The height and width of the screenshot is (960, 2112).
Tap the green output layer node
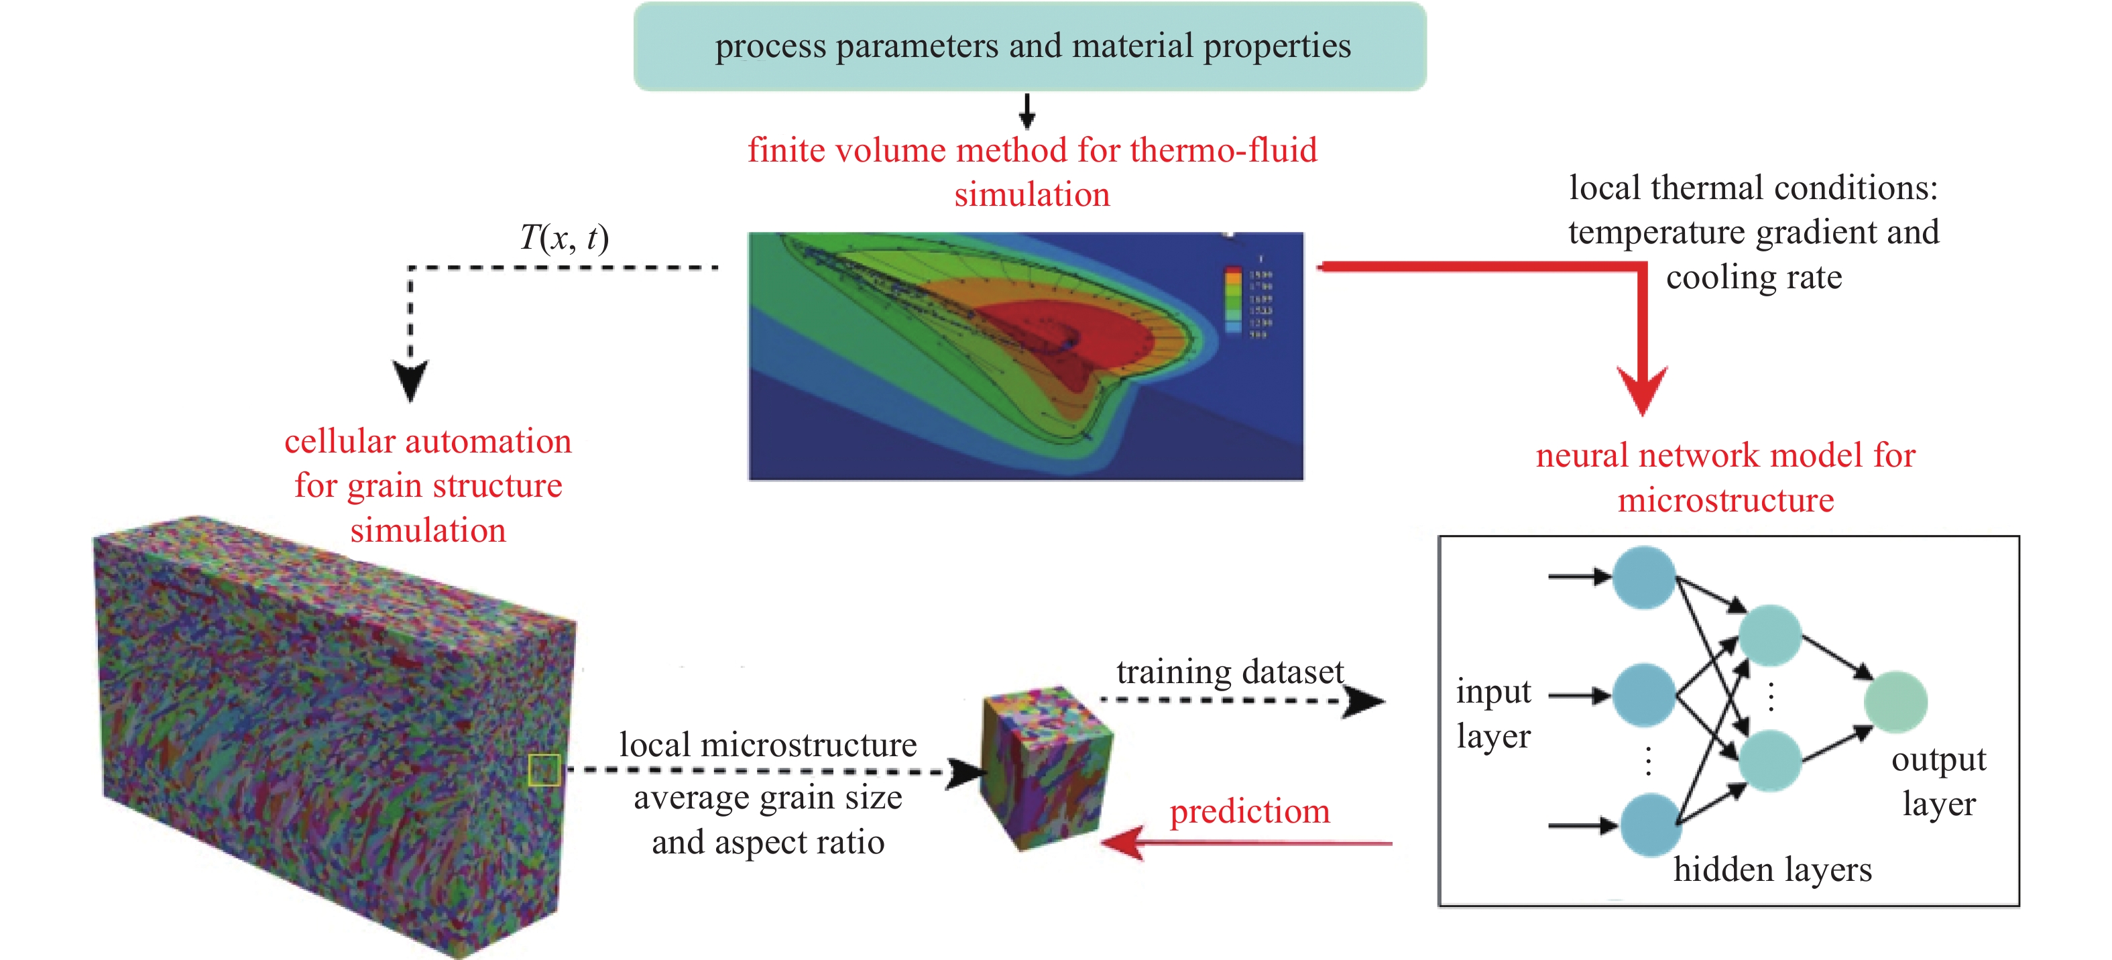1895,702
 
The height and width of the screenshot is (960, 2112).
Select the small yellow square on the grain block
544,770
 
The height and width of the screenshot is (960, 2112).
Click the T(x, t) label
564,238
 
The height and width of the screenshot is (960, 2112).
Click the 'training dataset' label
1230,672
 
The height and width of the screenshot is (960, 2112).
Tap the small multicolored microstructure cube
1046,768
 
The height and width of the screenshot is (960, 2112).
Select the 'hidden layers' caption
1773,869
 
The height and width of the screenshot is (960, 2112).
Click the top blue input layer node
1643,577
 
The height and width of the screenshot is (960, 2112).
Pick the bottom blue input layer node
1651,825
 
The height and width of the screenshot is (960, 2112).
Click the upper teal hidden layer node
1769,636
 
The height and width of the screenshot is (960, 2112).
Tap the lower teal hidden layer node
1769,761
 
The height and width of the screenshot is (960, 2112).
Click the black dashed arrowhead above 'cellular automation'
411,380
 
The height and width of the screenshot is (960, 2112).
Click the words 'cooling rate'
1754,277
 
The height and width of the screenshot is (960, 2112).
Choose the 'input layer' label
1493,713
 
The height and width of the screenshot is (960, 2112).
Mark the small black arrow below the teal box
1026,111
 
